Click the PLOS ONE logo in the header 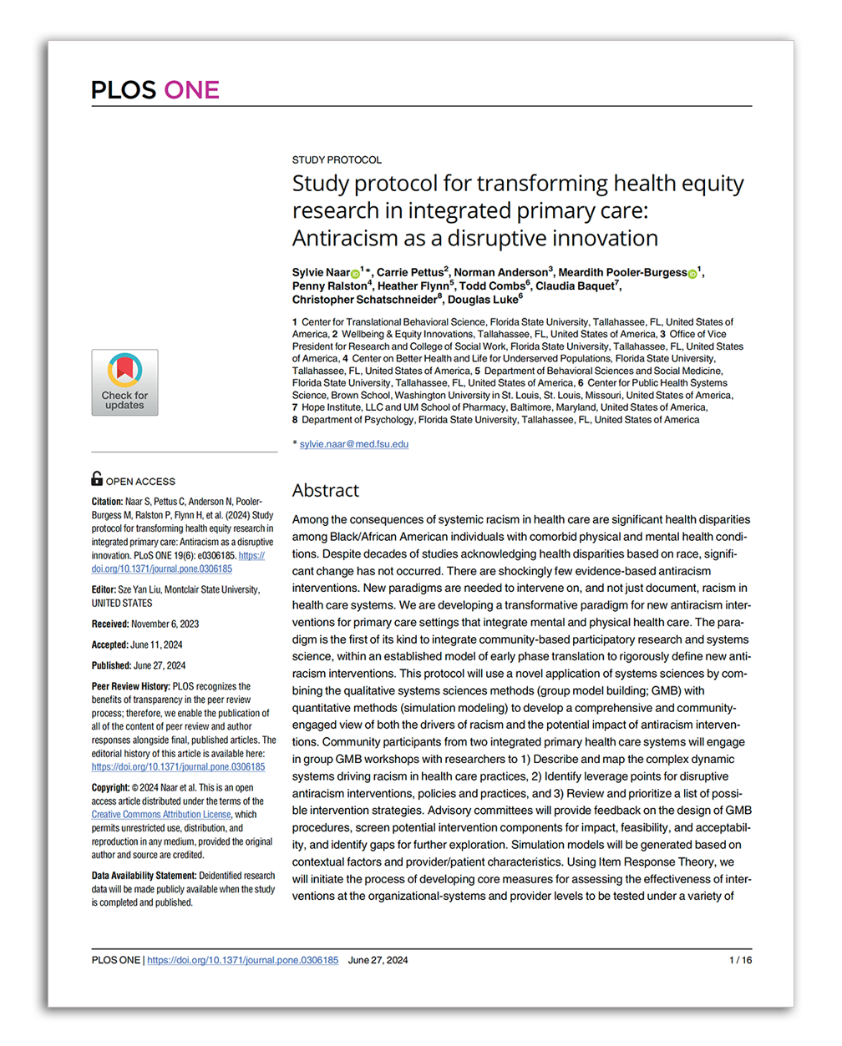click(155, 90)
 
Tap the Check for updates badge click(124, 382)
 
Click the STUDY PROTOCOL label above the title click(337, 159)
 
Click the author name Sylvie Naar click(321, 273)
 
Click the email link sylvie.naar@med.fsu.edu click(354, 444)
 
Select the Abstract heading click(326, 490)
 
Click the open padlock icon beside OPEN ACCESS click(97, 478)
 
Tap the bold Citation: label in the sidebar click(107, 502)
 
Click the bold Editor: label click(104, 589)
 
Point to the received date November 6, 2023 click(165, 624)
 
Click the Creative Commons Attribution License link click(161, 815)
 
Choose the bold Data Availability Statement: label click(144, 876)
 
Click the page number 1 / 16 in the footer click(740, 960)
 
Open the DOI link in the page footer click(243, 960)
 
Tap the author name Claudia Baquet click(575, 286)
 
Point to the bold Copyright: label click(110, 787)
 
